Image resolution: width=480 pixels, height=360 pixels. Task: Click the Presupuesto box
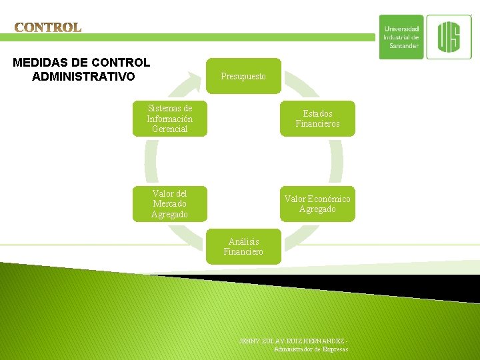pyautogui.click(x=243, y=76)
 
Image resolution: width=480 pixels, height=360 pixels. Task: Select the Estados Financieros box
pyautogui.click(x=317, y=119)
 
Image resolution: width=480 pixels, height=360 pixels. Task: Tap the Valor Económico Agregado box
pyautogui.click(x=317, y=204)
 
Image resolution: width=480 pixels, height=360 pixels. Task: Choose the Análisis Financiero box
pyautogui.click(x=243, y=247)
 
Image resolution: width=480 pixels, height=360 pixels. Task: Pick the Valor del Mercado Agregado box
pyautogui.click(x=169, y=204)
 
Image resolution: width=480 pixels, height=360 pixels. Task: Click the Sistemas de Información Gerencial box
pyautogui.click(x=169, y=119)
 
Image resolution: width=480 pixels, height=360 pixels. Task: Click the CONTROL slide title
pyautogui.click(x=48, y=27)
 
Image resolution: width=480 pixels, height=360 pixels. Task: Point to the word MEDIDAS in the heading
pyautogui.click(x=41, y=63)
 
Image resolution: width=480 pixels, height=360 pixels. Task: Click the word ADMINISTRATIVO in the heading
pyautogui.click(x=83, y=77)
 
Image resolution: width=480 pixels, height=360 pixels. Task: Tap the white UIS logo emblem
pyautogui.click(x=448, y=37)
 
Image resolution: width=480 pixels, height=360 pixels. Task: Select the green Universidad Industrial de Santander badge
pyautogui.click(x=401, y=37)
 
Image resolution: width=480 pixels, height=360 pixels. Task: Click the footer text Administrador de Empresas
pyautogui.click(x=311, y=349)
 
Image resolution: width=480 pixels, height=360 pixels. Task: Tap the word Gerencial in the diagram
pyautogui.click(x=169, y=129)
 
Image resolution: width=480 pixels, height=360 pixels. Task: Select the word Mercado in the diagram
pyautogui.click(x=169, y=204)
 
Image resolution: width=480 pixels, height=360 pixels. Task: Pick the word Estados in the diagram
pyautogui.click(x=317, y=113)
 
